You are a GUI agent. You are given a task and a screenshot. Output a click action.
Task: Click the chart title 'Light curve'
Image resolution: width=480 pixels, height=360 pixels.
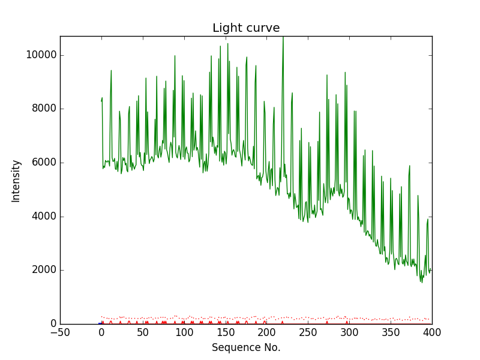point(246,28)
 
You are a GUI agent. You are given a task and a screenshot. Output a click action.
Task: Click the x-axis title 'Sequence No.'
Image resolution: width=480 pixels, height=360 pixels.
point(246,347)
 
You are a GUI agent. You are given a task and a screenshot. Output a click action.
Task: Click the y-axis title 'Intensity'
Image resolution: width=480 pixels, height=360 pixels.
point(16,181)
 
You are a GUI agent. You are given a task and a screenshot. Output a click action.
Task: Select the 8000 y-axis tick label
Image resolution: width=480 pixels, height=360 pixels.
point(43,109)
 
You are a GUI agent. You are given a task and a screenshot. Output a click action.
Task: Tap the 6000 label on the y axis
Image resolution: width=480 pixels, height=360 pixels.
point(43,163)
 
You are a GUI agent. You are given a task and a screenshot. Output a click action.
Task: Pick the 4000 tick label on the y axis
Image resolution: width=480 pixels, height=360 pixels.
point(43,217)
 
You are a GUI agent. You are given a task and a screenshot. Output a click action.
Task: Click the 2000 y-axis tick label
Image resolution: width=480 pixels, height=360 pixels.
point(43,270)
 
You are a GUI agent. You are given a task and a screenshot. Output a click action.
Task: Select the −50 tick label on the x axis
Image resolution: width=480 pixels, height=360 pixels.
point(60,332)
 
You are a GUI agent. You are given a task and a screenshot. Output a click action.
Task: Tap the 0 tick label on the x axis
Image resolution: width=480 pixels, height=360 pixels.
point(101,332)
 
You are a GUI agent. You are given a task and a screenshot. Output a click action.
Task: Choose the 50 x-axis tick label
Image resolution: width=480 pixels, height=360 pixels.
point(143,332)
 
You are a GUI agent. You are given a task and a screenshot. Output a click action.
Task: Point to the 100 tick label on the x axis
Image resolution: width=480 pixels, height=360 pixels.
point(184,332)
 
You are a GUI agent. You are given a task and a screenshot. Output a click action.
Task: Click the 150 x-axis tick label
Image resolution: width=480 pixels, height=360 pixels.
point(226,332)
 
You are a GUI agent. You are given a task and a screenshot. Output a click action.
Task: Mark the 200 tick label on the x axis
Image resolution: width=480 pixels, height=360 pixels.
point(267,332)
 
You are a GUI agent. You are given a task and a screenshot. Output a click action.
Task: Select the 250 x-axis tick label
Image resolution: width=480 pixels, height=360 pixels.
point(308,332)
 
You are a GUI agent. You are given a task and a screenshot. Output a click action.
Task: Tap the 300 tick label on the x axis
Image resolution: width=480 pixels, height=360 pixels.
point(349,332)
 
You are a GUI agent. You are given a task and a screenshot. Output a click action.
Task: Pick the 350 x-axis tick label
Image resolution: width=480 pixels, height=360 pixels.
point(391,332)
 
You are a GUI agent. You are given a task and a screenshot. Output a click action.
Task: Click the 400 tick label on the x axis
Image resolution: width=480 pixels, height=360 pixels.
point(432,332)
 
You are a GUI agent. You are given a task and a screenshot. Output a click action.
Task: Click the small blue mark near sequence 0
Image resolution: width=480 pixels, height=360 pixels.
point(100,323)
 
